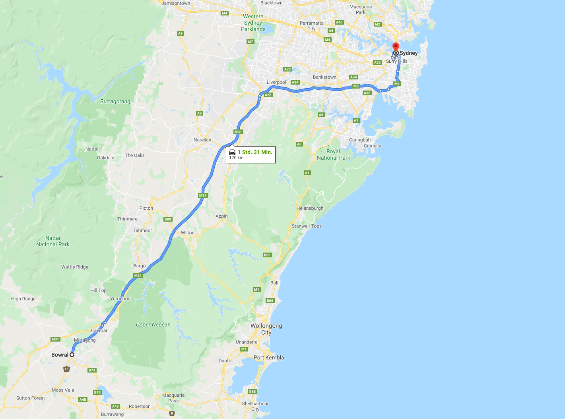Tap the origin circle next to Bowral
click(x=72, y=355)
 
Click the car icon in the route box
click(x=232, y=152)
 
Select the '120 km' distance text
click(x=236, y=158)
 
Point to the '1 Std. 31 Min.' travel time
click(x=255, y=152)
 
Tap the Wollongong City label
click(x=266, y=329)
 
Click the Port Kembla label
click(x=269, y=357)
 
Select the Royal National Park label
click(x=333, y=154)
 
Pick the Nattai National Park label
click(x=53, y=241)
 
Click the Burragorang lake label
click(x=115, y=101)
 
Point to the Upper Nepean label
click(x=153, y=324)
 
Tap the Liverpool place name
click(x=276, y=82)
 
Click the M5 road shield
click(x=356, y=86)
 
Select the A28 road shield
click(x=268, y=95)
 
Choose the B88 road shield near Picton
click(x=168, y=219)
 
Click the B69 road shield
click(x=267, y=255)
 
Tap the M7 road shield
click(x=250, y=42)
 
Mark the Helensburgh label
click(x=310, y=208)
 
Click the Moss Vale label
click(x=63, y=390)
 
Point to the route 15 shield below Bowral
click(x=66, y=369)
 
